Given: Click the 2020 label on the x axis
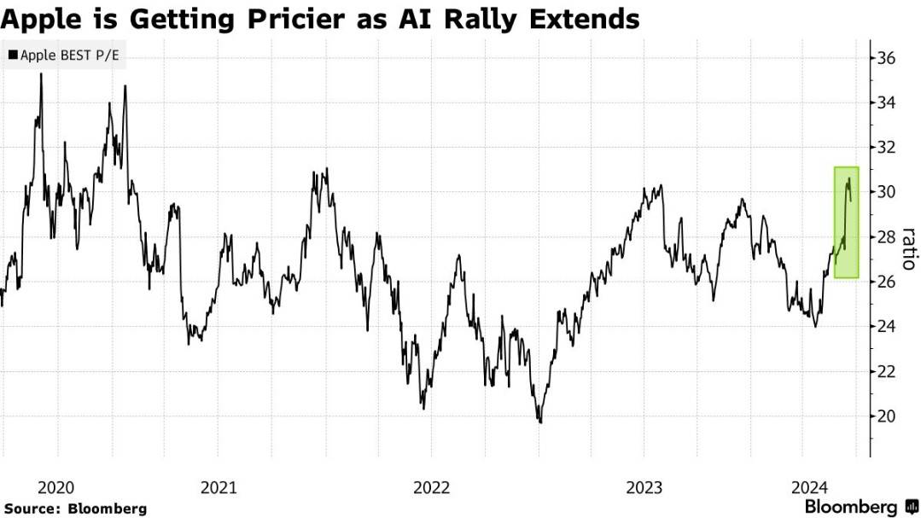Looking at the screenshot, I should [x=57, y=487].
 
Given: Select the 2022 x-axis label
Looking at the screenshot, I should [x=431, y=487].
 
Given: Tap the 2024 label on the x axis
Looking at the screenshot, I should [x=808, y=487].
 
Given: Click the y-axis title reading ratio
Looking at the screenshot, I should [x=908, y=248].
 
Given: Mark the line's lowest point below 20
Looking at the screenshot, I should [x=539, y=422].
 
